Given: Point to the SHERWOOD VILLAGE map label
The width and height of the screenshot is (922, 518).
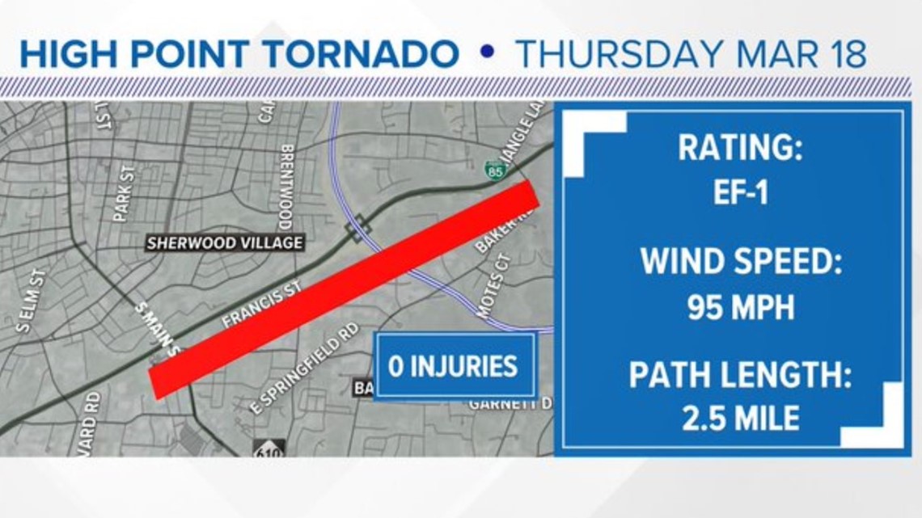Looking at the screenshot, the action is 225,242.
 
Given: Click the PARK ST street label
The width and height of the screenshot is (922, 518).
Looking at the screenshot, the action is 124,193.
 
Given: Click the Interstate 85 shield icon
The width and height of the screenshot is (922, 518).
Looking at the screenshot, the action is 495,170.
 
